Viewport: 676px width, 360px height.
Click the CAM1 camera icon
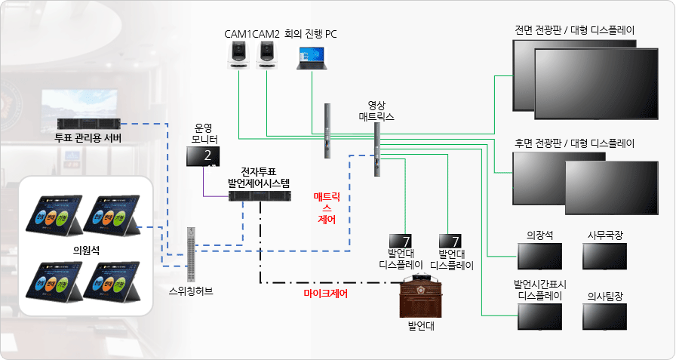pyautogui.click(x=238, y=55)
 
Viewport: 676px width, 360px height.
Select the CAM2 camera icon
pyautogui.click(x=266, y=55)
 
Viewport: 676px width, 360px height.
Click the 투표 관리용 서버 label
pyautogui.click(x=88, y=138)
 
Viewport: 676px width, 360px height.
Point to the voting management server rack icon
pyautogui.click(x=88, y=124)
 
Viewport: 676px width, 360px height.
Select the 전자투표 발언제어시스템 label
pyautogui.click(x=259, y=177)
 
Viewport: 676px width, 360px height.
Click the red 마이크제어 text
pyautogui.click(x=325, y=294)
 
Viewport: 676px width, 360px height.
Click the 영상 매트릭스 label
pyautogui.click(x=376, y=111)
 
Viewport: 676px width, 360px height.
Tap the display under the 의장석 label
pyautogui.click(x=539, y=257)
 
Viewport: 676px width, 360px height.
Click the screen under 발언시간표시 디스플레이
pyautogui.click(x=539, y=316)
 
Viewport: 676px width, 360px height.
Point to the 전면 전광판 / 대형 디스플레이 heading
pyautogui.click(x=574, y=31)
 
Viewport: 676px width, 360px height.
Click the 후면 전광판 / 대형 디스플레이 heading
pyautogui.click(x=574, y=143)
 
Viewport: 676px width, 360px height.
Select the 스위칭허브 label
pyautogui.click(x=191, y=289)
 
